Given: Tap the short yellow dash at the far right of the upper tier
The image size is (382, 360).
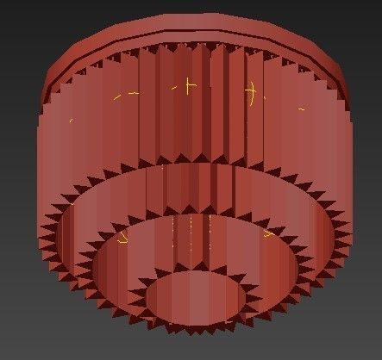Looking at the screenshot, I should (x=301, y=110).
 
